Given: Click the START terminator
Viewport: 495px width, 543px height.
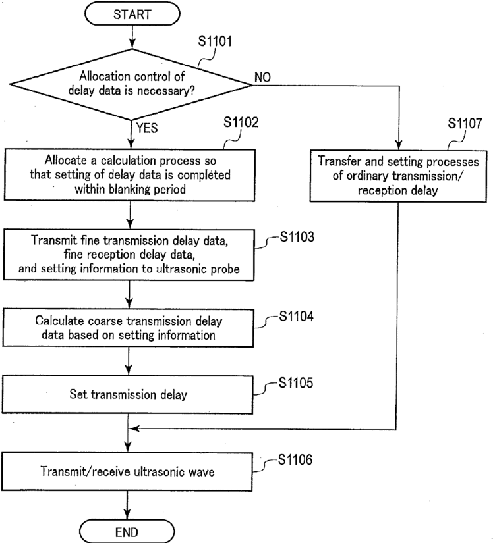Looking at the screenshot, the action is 132,14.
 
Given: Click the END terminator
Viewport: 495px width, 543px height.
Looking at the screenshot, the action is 127,531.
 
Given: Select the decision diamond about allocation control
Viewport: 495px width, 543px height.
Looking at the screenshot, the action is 131,84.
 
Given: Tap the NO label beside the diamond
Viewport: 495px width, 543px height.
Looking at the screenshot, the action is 262,77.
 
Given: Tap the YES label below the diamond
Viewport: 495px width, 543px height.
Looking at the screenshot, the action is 147,128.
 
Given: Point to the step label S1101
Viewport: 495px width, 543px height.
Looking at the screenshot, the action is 215,41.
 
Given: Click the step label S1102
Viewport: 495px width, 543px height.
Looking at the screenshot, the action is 241,122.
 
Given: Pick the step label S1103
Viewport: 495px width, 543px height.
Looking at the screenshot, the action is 297,236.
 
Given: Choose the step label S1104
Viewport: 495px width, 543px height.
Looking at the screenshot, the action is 296,316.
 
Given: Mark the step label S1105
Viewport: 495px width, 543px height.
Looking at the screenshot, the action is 296,382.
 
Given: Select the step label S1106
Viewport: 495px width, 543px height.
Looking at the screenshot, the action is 295,459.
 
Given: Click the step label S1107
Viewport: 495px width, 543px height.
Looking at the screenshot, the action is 465,123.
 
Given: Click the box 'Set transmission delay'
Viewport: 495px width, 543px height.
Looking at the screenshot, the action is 127,394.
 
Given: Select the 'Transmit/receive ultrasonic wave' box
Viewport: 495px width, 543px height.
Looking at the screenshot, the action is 127,471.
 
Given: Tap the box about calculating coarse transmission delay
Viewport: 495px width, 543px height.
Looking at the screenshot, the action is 128,328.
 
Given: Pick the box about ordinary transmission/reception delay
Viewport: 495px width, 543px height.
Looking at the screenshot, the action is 398,176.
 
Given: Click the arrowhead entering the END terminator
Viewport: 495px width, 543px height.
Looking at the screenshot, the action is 127,515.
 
